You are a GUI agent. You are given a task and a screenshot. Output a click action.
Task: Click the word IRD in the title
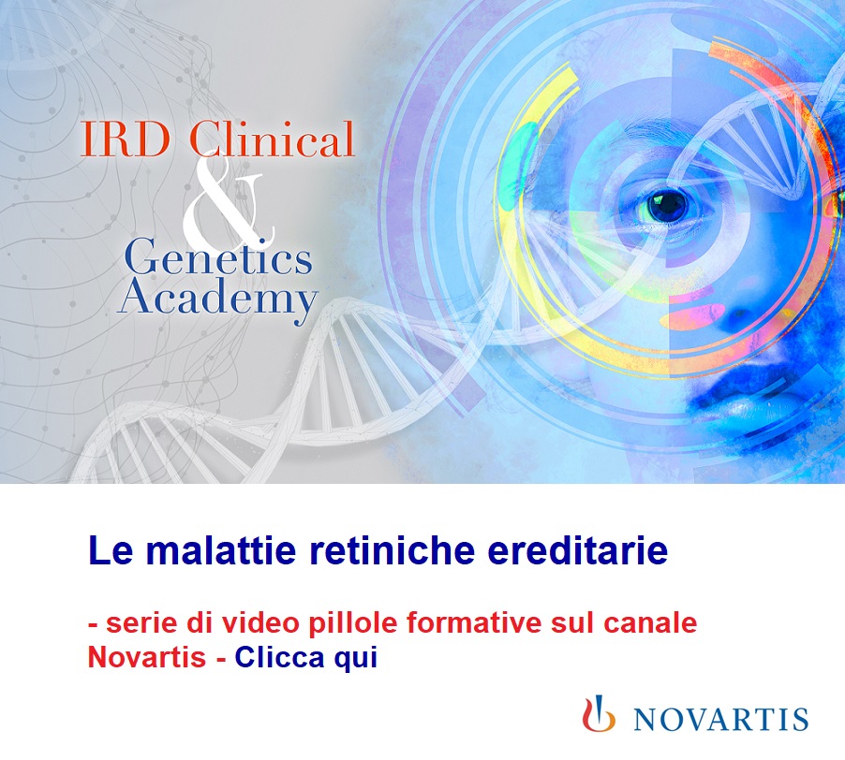[125, 139]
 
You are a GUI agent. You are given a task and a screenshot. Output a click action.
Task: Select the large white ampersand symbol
[228, 200]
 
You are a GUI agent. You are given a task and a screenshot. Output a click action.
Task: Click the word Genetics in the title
[218, 259]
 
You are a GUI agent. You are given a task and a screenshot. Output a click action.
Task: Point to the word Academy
[217, 298]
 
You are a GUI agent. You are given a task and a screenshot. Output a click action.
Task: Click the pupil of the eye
[668, 205]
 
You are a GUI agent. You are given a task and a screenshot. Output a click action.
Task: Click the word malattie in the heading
[220, 550]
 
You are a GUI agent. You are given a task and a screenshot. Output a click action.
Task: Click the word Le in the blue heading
[111, 550]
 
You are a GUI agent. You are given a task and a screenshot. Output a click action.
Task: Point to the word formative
[474, 622]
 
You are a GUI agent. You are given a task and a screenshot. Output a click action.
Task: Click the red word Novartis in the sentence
[146, 657]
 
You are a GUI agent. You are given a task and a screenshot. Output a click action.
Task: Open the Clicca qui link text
[306, 658]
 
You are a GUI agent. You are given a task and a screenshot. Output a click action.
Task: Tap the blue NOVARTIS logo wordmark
[721, 719]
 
